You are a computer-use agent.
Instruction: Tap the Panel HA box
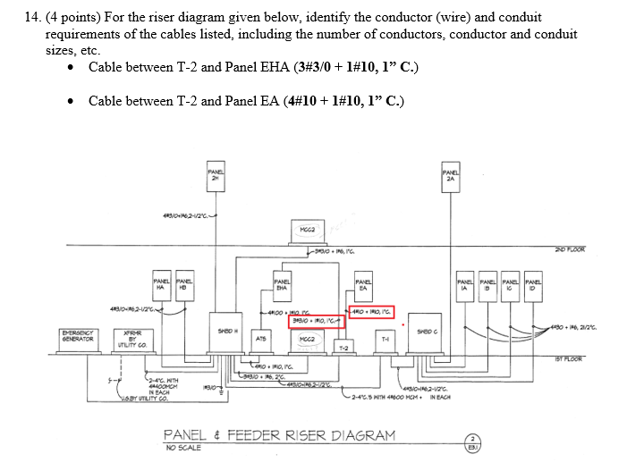coord(164,284)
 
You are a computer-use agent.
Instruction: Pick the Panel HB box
coord(186,284)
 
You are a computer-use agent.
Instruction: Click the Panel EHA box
coord(281,285)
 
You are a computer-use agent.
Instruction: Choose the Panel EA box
coord(363,285)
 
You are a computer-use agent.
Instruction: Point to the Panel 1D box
coord(532,284)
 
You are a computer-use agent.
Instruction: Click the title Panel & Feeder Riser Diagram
coord(278,435)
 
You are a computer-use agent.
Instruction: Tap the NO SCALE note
coord(182,447)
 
